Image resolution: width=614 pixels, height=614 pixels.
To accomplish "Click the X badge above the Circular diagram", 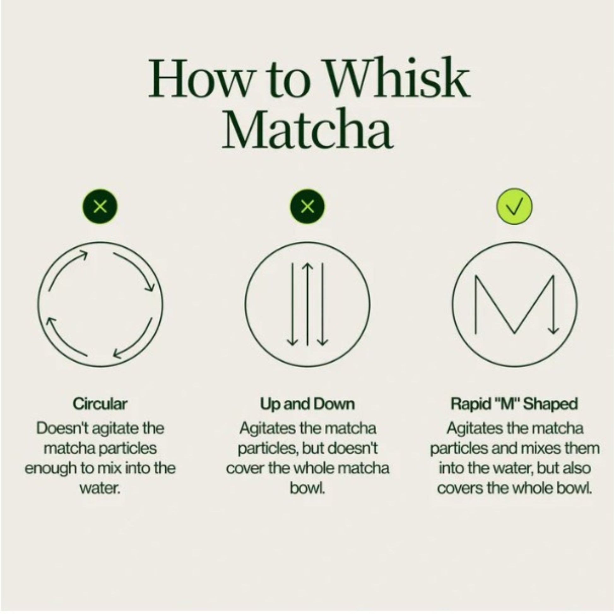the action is (100, 207).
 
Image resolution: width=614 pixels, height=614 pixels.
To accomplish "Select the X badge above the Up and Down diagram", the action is (307, 207).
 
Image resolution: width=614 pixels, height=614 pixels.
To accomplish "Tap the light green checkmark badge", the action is (514, 207).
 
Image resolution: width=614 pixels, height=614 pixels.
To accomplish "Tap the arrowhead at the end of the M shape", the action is (554, 331).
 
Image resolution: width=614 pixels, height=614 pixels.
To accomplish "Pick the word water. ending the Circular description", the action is (100, 488).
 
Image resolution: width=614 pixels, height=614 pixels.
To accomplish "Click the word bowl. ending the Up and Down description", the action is (307, 488).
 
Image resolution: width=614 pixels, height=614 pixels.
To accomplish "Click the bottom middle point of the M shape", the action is (515, 334).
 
